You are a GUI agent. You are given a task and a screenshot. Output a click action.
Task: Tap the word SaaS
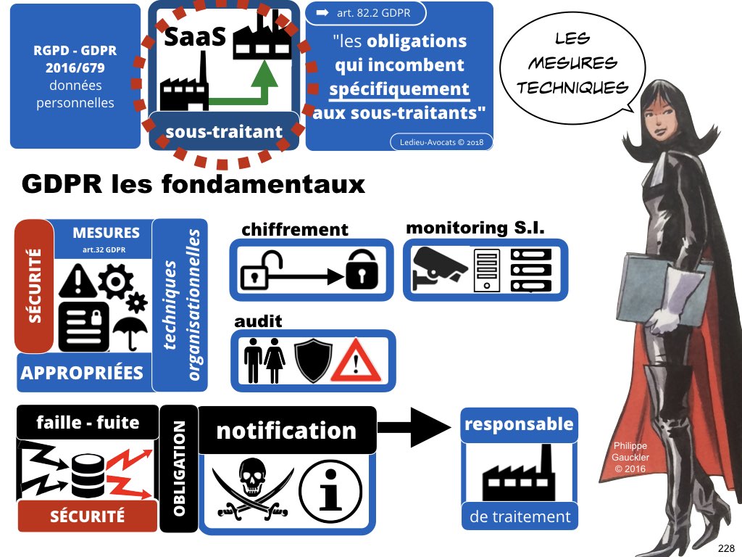196,36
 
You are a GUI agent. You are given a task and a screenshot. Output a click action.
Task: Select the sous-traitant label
224,131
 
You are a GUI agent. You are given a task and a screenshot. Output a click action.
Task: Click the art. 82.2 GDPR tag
367,13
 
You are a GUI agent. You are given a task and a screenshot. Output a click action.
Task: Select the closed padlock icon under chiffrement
361,270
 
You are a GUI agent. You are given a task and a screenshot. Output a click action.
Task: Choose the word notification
286,431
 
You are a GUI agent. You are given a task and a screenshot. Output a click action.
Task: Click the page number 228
725,548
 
